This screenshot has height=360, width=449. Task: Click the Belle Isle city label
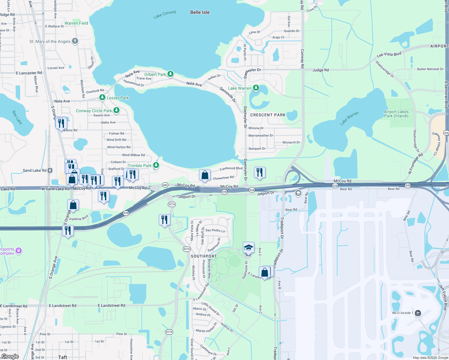[x=200, y=12]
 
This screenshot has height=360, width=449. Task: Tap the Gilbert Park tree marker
[x=170, y=74]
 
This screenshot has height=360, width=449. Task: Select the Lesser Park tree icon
[x=102, y=97]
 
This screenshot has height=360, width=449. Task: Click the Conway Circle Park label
[x=94, y=111]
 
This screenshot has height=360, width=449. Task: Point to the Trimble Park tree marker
[x=156, y=165]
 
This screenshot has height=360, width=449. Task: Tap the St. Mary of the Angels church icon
[x=75, y=41]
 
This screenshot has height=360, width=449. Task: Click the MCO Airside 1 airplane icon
[x=418, y=313]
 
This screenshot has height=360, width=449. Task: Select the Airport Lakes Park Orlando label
[x=396, y=114]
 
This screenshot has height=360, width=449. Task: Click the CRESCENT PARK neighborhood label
[x=268, y=115]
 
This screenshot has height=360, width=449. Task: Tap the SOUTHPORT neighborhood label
[x=204, y=256]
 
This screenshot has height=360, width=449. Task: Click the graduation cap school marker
[x=249, y=247]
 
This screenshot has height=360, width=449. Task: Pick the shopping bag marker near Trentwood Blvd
[x=205, y=175]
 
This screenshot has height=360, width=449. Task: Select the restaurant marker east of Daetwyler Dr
[x=260, y=172]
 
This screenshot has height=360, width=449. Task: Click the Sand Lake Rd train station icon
[x=50, y=170]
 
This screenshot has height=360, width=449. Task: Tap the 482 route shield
[x=165, y=185]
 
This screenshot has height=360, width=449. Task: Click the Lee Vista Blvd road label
[x=389, y=55]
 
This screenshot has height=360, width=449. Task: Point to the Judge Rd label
[x=321, y=70]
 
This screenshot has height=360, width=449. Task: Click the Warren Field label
[x=76, y=23]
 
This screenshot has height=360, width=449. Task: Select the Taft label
[x=63, y=357]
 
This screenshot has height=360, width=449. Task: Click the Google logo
[x=10, y=356]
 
